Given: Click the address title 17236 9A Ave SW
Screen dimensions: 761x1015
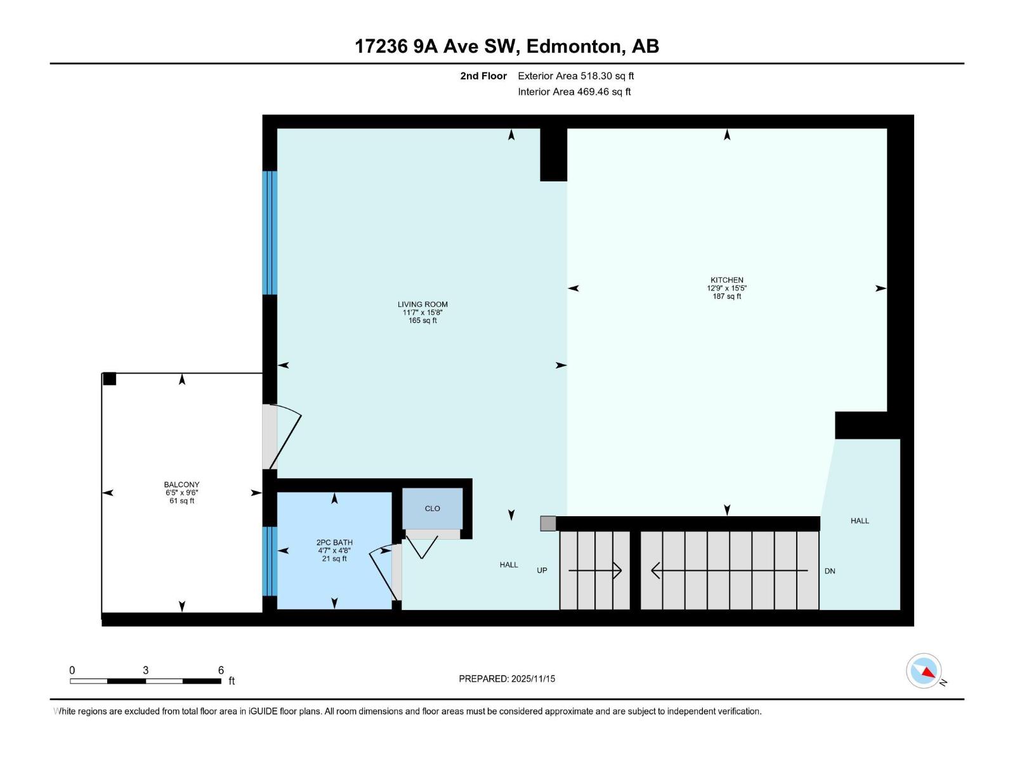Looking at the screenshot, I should coord(506,46).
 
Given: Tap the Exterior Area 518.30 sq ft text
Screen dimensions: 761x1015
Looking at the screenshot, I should coord(575,76).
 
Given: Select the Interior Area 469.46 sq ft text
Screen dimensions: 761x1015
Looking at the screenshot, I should coord(574,92).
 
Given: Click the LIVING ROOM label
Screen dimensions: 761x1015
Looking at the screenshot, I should coord(422,305).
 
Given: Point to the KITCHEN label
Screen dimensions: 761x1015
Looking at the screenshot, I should coord(726,280).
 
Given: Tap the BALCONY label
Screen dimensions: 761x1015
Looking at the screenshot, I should coord(181,485).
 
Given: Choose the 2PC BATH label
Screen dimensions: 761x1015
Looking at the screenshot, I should coord(334,543).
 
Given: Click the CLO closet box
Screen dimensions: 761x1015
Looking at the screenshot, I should coord(432,509).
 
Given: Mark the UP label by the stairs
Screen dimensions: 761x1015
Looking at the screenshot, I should coord(542,571).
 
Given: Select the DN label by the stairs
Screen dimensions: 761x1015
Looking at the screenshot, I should coord(829,571).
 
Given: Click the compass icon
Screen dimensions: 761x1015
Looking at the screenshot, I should coord(924,671).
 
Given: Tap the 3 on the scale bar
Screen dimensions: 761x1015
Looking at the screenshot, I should coord(146,670).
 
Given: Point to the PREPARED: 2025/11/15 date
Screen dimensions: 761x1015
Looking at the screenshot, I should coord(507,679).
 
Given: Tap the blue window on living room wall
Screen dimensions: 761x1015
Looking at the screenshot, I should coord(270,233).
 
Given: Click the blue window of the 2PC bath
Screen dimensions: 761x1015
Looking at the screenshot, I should coord(270,561).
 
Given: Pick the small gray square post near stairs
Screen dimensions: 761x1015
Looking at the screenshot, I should coord(548,523).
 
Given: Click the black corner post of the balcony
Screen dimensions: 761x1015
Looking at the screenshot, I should coord(110,379).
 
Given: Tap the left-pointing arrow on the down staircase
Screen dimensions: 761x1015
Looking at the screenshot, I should coord(657,571).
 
